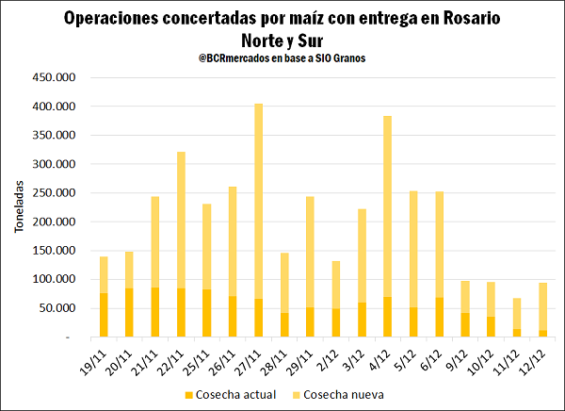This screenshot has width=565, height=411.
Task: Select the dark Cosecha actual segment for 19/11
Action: coord(105,315)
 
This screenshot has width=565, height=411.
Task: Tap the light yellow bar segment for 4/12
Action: coord(387,206)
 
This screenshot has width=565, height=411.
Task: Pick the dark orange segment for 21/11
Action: coord(155,312)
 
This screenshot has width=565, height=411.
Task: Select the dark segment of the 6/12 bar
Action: coord(439,317)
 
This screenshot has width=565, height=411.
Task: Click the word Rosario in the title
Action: coord(468,18)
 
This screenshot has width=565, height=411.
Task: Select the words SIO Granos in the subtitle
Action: coord(344,58)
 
